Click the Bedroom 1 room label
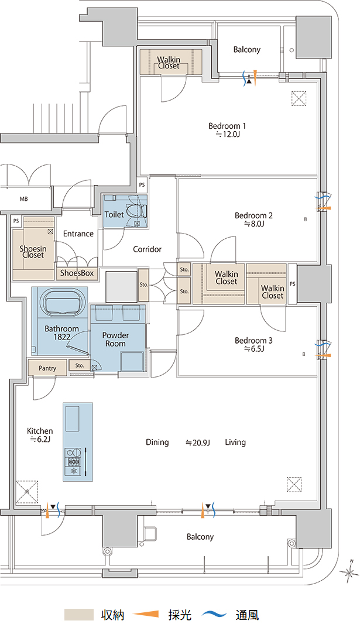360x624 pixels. pos(227,126)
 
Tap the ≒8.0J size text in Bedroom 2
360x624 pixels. pos(254,224)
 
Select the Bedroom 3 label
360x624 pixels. pos(253,341)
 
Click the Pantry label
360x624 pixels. pos(47,368)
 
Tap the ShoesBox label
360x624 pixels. pos(77,273)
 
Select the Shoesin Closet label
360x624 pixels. pos(33,252)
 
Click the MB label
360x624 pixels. pos(23,199)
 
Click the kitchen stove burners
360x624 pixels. pos(74,462)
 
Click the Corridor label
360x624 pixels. pos(147,249)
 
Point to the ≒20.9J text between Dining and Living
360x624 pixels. pos(198,443)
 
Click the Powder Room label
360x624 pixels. pos(115,340)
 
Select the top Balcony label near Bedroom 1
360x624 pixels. pos(246,50)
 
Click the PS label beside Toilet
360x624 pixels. pos(142,185)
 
